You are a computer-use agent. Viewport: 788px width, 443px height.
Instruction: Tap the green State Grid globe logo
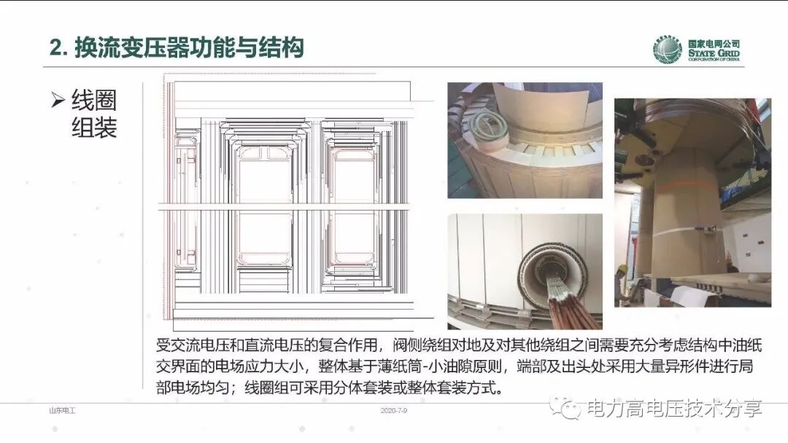pyautogui.click(x=667, y=50)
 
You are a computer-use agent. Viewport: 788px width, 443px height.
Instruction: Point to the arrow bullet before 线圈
pyautogui.click(x=58, y=101)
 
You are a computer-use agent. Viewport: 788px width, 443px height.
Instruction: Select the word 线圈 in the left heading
pyautogui.click(x=94, y=101)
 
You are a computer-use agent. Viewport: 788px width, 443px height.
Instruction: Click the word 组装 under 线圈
pyautogui.click(x=94, y=128)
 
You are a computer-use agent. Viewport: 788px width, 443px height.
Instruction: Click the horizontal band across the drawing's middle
pyautogui.click(x=292, y=208)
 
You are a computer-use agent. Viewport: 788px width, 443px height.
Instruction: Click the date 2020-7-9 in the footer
pyautogui.click(x=394, y=412)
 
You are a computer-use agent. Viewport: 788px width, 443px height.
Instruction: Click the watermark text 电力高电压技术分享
pyautogui.click(x=675, y=409)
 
